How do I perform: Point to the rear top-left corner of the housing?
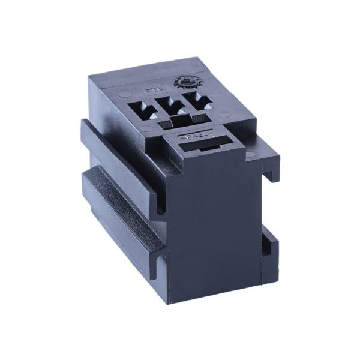tap(90, 77)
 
